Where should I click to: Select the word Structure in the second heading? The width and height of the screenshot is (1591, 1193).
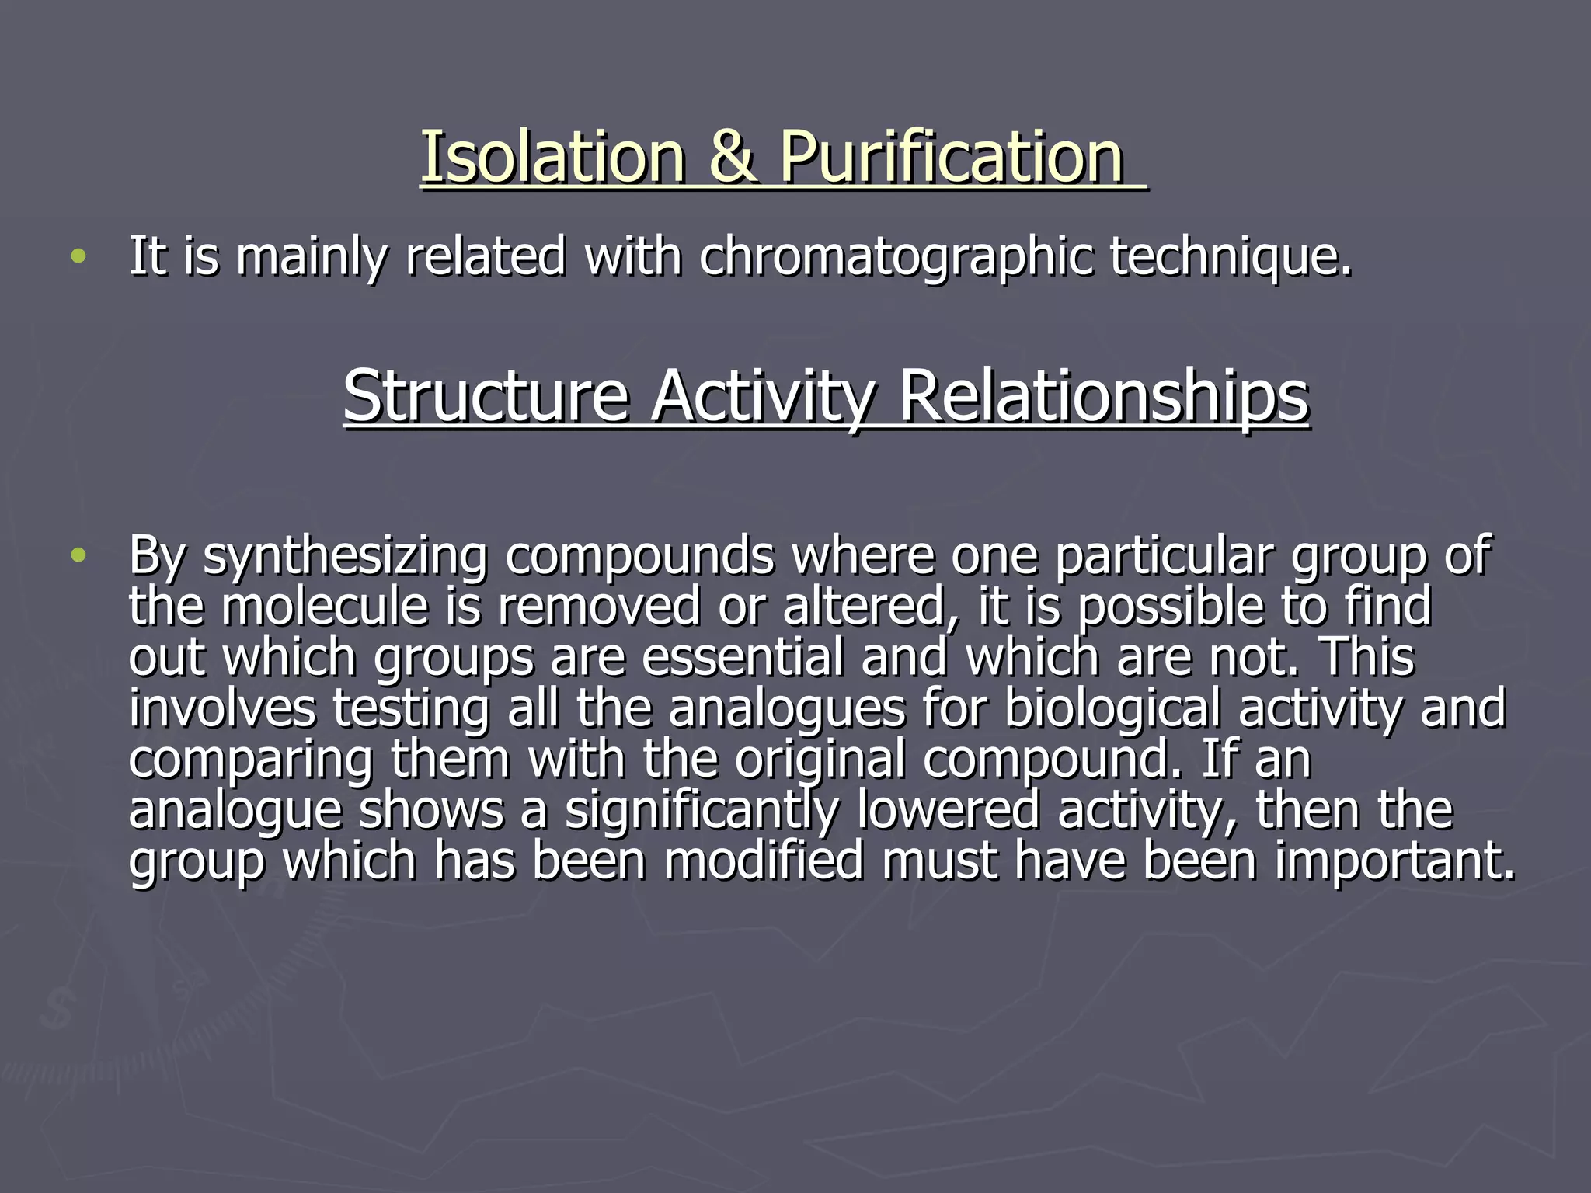click(x=486, y=397)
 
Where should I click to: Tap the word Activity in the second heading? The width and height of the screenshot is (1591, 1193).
click(x=763, y=397)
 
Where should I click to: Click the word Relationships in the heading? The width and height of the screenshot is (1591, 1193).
click(x=1104, y=397)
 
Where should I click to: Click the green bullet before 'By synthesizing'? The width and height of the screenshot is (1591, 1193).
click(x=78, y=556)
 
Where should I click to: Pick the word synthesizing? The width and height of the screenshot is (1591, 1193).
click(x=346, y=556)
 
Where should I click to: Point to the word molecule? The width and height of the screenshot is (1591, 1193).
click(x=325, y=607)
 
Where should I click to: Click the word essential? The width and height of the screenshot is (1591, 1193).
click(x=743, y=657)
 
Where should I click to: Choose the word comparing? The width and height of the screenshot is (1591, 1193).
click(x=250, y=760)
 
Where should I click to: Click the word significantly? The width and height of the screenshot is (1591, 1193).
click(x=702, y=810)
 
